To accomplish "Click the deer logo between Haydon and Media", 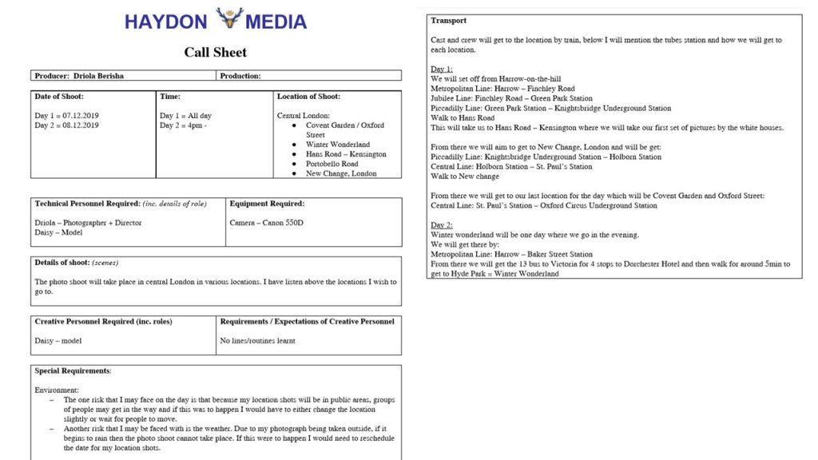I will (230, 18).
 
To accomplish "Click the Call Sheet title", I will (216, 53).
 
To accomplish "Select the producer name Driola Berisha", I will (98, 76).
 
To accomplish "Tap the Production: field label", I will (240, 76).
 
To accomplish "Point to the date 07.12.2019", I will (80, 116).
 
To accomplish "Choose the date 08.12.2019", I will (80, 125).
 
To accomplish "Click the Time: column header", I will (170, 97).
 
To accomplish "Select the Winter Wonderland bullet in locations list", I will (338, 145).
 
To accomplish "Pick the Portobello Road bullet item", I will (332, 164).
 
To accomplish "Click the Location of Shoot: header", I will (308, 97).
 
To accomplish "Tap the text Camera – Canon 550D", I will (266, 223).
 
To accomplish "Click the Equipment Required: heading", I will (267, 204).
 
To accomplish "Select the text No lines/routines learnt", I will (257, 341).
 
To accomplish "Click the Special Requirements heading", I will (73, 371).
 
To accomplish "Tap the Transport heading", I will (448, 21).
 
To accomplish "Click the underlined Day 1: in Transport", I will (442, 69).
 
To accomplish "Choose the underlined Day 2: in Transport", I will (442, 225).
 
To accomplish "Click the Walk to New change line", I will (465, 176).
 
